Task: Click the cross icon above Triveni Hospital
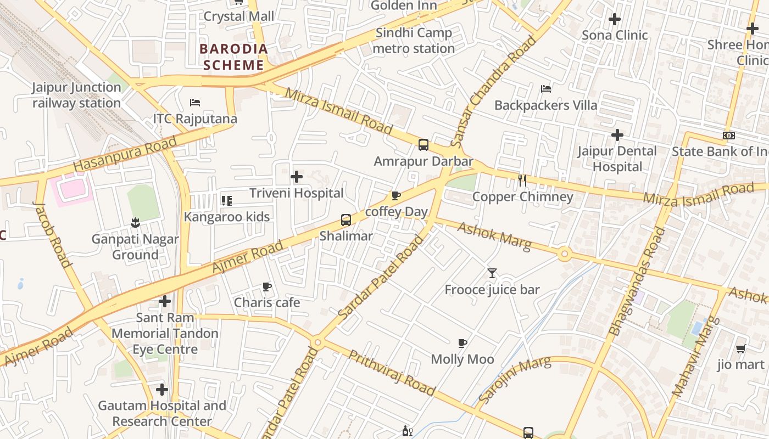click(297, 177)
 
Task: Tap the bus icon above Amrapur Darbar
click(423, 145)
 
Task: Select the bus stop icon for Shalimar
click(346, 220)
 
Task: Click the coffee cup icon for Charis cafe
click(267, 286)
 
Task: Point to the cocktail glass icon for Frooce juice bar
click(492, 273)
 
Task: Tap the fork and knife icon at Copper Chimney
click(522, 180)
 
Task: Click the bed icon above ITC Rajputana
click(194, 103)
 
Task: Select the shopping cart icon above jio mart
click(740, 348)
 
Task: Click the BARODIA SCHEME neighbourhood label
click(234, 57)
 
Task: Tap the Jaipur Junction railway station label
click(76, 95)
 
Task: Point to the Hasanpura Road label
click(125, 154)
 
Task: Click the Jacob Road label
click(53, 234)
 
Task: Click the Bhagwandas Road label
click(637, 281)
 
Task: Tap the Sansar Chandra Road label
click(493, 91)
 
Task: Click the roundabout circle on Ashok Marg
click(564, 254)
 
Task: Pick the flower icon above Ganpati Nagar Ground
click(135, 223)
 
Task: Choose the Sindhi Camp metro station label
click(414, 41)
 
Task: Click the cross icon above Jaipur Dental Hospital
click(617, 135)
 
